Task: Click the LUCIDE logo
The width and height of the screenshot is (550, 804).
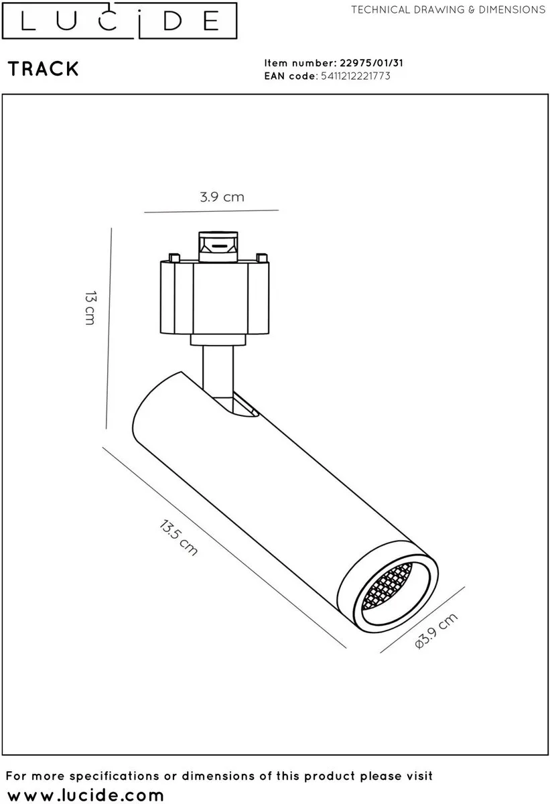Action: tap(119, 21)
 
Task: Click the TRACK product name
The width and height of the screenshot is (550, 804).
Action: tap(44, 69)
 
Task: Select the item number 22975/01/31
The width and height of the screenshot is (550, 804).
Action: tap(371, 63)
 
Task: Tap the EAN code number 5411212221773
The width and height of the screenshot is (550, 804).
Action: tap(356, 76)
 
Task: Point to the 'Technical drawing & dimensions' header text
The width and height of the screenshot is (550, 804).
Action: tap(448, 9)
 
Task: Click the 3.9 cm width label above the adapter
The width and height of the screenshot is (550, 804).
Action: tap(222, 197)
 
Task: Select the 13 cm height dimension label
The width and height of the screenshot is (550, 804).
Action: tap(90, 308)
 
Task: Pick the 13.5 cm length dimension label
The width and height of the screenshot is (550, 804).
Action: tap(178, 537)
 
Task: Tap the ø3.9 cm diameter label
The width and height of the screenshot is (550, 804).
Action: tap(436, 630)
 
